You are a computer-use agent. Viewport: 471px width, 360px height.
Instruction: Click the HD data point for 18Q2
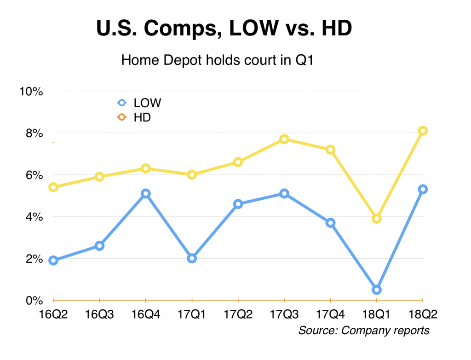423,131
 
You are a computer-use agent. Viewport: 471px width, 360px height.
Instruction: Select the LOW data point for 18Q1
377,290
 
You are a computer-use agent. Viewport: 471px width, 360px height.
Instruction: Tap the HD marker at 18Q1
377,219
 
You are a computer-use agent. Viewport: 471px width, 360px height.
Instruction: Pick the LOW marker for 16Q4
146,194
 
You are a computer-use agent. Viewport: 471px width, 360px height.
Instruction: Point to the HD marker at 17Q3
284,139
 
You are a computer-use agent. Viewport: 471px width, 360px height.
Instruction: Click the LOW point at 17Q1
192,258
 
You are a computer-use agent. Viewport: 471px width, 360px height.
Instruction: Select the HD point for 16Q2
53,187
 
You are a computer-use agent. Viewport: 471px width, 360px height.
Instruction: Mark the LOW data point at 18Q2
423,189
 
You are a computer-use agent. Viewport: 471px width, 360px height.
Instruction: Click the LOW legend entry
140,103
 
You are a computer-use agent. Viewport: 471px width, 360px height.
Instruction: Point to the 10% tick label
31,91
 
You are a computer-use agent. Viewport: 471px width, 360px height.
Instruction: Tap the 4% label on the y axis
34,217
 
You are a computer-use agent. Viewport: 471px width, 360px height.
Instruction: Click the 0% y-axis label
34,301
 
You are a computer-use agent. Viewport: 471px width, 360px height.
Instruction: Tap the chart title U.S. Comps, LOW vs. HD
224,29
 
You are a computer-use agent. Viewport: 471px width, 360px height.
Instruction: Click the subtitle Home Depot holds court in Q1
217,60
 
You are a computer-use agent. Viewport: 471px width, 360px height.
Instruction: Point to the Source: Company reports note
364,331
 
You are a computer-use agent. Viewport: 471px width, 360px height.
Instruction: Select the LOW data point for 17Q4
330,223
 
